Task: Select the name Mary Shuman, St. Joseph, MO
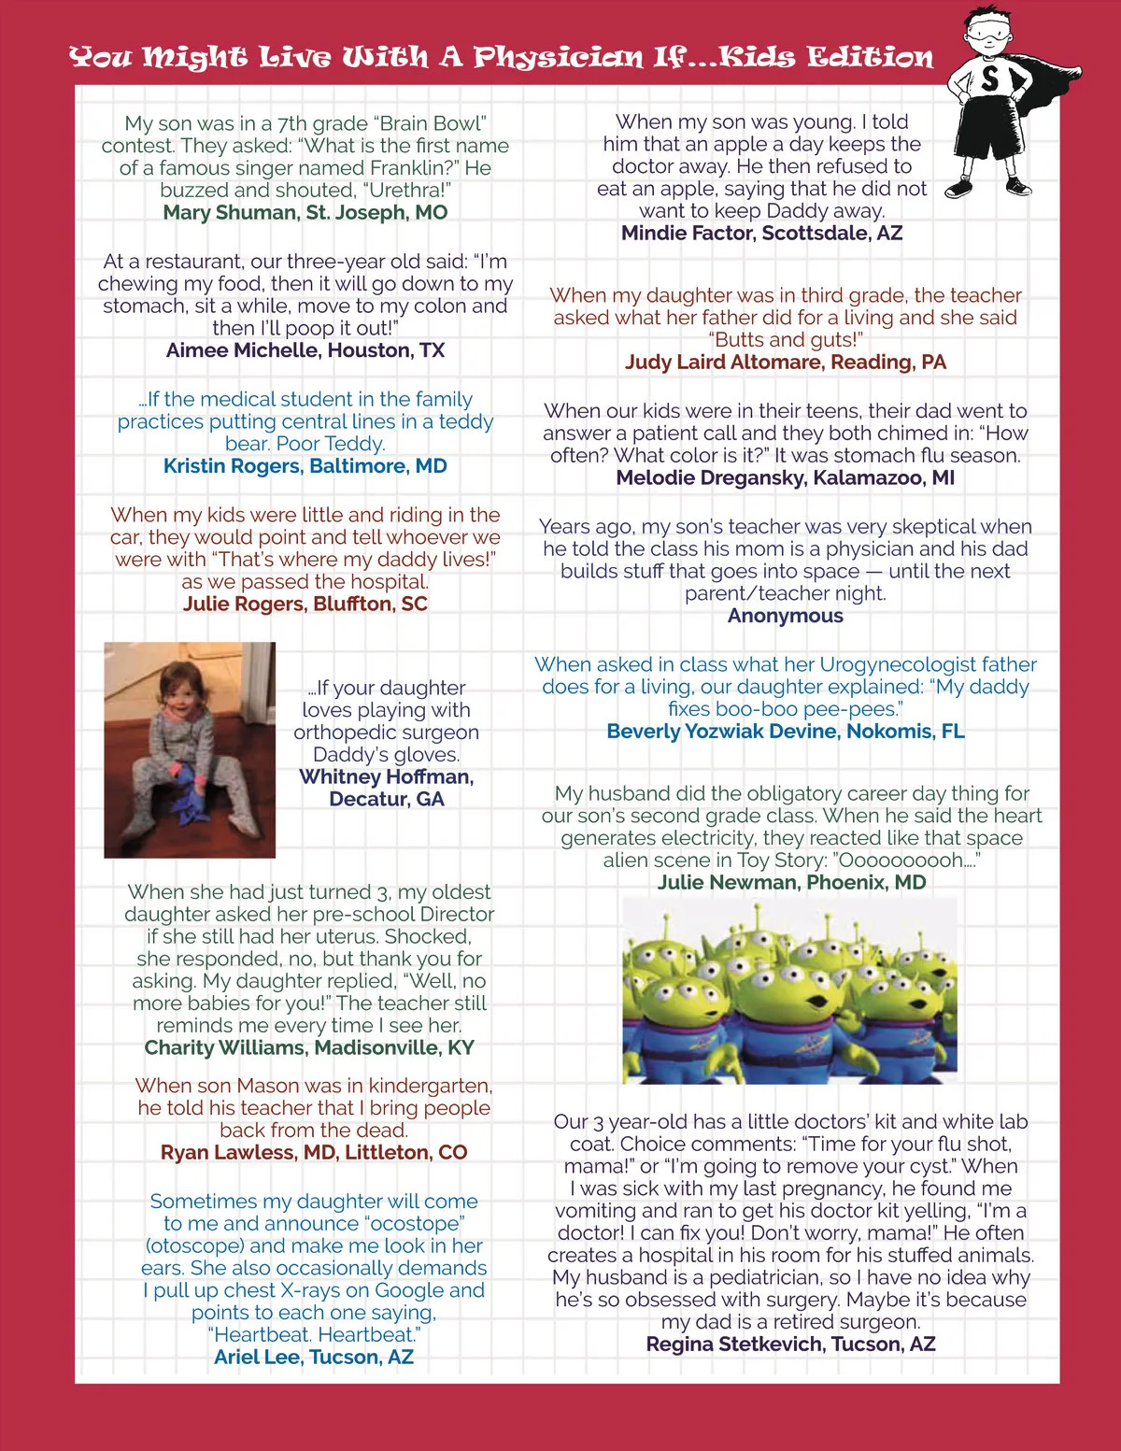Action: (305, 212)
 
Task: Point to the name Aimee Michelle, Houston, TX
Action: (305, 350)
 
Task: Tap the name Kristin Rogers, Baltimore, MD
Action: (305, 466)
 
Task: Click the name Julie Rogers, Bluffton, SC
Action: (305, 604)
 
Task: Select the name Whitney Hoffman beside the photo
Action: (386, 777)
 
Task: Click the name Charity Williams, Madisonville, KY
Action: (309, 1047)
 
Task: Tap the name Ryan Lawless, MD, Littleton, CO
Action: (314, 1152)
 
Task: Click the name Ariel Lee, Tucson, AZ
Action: (314, 1357)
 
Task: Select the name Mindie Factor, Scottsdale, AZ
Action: (762, 233)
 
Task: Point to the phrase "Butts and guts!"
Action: (786, 340)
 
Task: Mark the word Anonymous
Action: (786, 616)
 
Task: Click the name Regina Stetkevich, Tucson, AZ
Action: (790, 1344)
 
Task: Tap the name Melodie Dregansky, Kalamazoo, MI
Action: (786, 478)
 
